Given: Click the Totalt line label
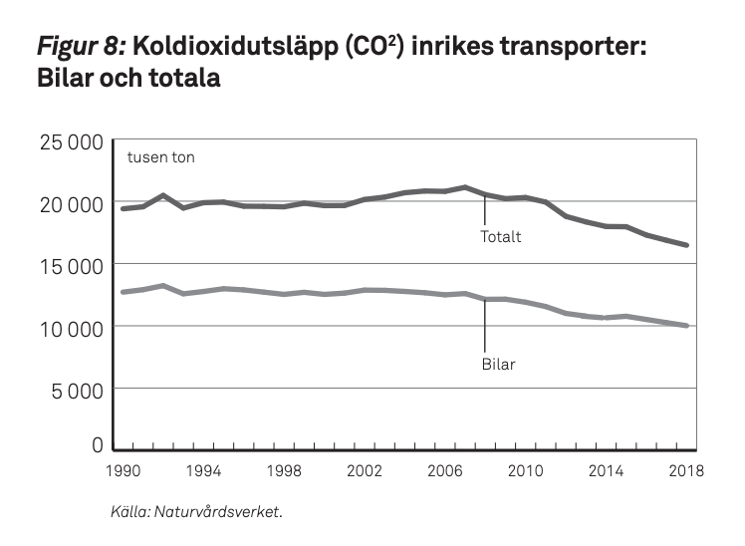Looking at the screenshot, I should (x=501, y=237).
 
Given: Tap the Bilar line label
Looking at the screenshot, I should (x=498, y=364).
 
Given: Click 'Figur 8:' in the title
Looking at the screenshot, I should (x=79, y=46).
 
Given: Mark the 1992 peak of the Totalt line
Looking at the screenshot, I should (x=163, y=196).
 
